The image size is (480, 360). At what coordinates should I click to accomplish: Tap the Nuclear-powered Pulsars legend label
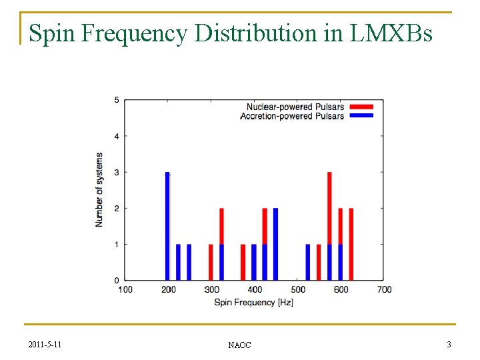[x=295, y=107]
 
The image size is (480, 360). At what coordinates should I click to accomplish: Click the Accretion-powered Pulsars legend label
[x=292, y=116]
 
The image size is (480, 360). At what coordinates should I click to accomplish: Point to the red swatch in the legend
[x=361, y=107]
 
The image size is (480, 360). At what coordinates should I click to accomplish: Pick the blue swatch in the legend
[x=361, y=116]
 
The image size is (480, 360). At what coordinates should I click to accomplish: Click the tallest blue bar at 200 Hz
[x=168, y=227]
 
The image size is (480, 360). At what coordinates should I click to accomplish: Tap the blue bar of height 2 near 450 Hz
[x=275, y=244]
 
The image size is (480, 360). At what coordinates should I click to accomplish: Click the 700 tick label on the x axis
[x=384, y=289]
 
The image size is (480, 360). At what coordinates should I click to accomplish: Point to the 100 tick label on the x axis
[x=125, y=289]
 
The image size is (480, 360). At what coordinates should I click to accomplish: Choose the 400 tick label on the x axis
[x=255, y=289]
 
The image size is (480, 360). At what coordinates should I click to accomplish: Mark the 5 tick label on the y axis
[x=117, y=101]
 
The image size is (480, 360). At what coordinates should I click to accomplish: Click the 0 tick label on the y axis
[x=117, y=281]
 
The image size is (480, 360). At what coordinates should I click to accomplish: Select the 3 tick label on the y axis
[x=117, y=173]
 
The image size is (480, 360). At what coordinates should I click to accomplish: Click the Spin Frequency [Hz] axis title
[x=253, y=302]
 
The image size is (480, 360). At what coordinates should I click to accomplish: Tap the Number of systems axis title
[x=99, y=190]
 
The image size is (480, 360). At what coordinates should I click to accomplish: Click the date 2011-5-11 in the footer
[x=47, y=344]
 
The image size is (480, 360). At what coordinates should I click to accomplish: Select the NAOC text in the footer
[x=239, y=345]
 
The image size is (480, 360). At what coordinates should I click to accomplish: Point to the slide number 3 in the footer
[x=449, y=344]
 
